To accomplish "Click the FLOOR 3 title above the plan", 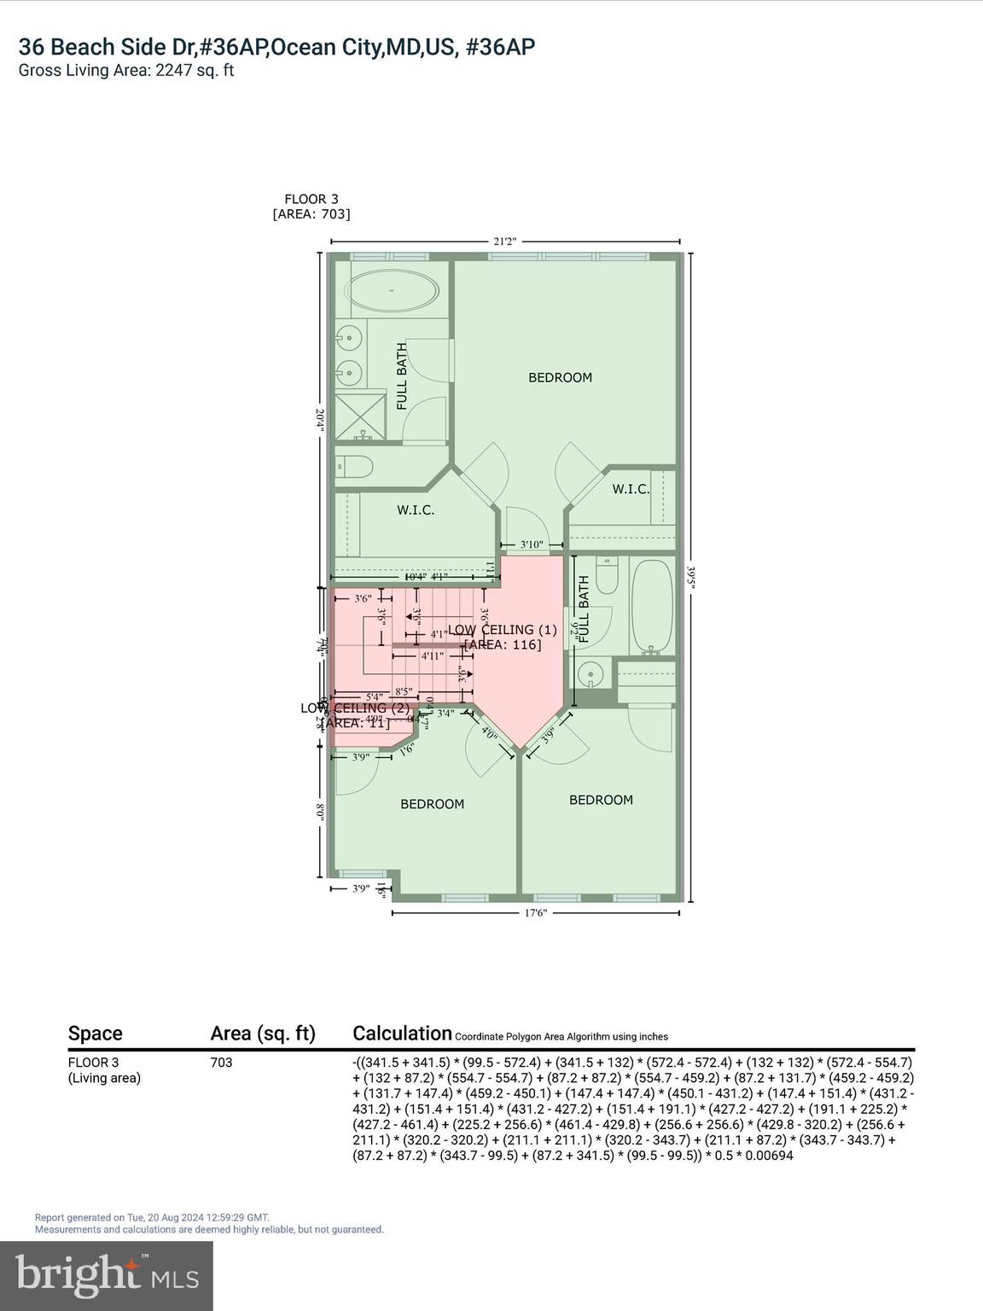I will [x=311, y=199].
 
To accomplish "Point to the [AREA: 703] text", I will [x=311, y=214].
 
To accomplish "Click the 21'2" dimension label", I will [x=505, y=242].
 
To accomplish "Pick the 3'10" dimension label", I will [x=532, y=545].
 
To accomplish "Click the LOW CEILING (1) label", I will [x=503, y=630].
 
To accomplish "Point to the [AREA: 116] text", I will [x=503, y=644].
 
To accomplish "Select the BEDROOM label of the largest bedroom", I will [x=560, y=377].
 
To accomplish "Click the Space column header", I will [x=95, y=1034].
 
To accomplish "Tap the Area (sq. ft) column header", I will [x=263, y=1034].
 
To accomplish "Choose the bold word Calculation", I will [x=402, y=1033].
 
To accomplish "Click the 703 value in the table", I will [x=221, y=1063].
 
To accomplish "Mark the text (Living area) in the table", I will [x=104, y=1078].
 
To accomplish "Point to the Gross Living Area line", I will [x=126, y=70].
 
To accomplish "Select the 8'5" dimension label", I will [x=404, y=691].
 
